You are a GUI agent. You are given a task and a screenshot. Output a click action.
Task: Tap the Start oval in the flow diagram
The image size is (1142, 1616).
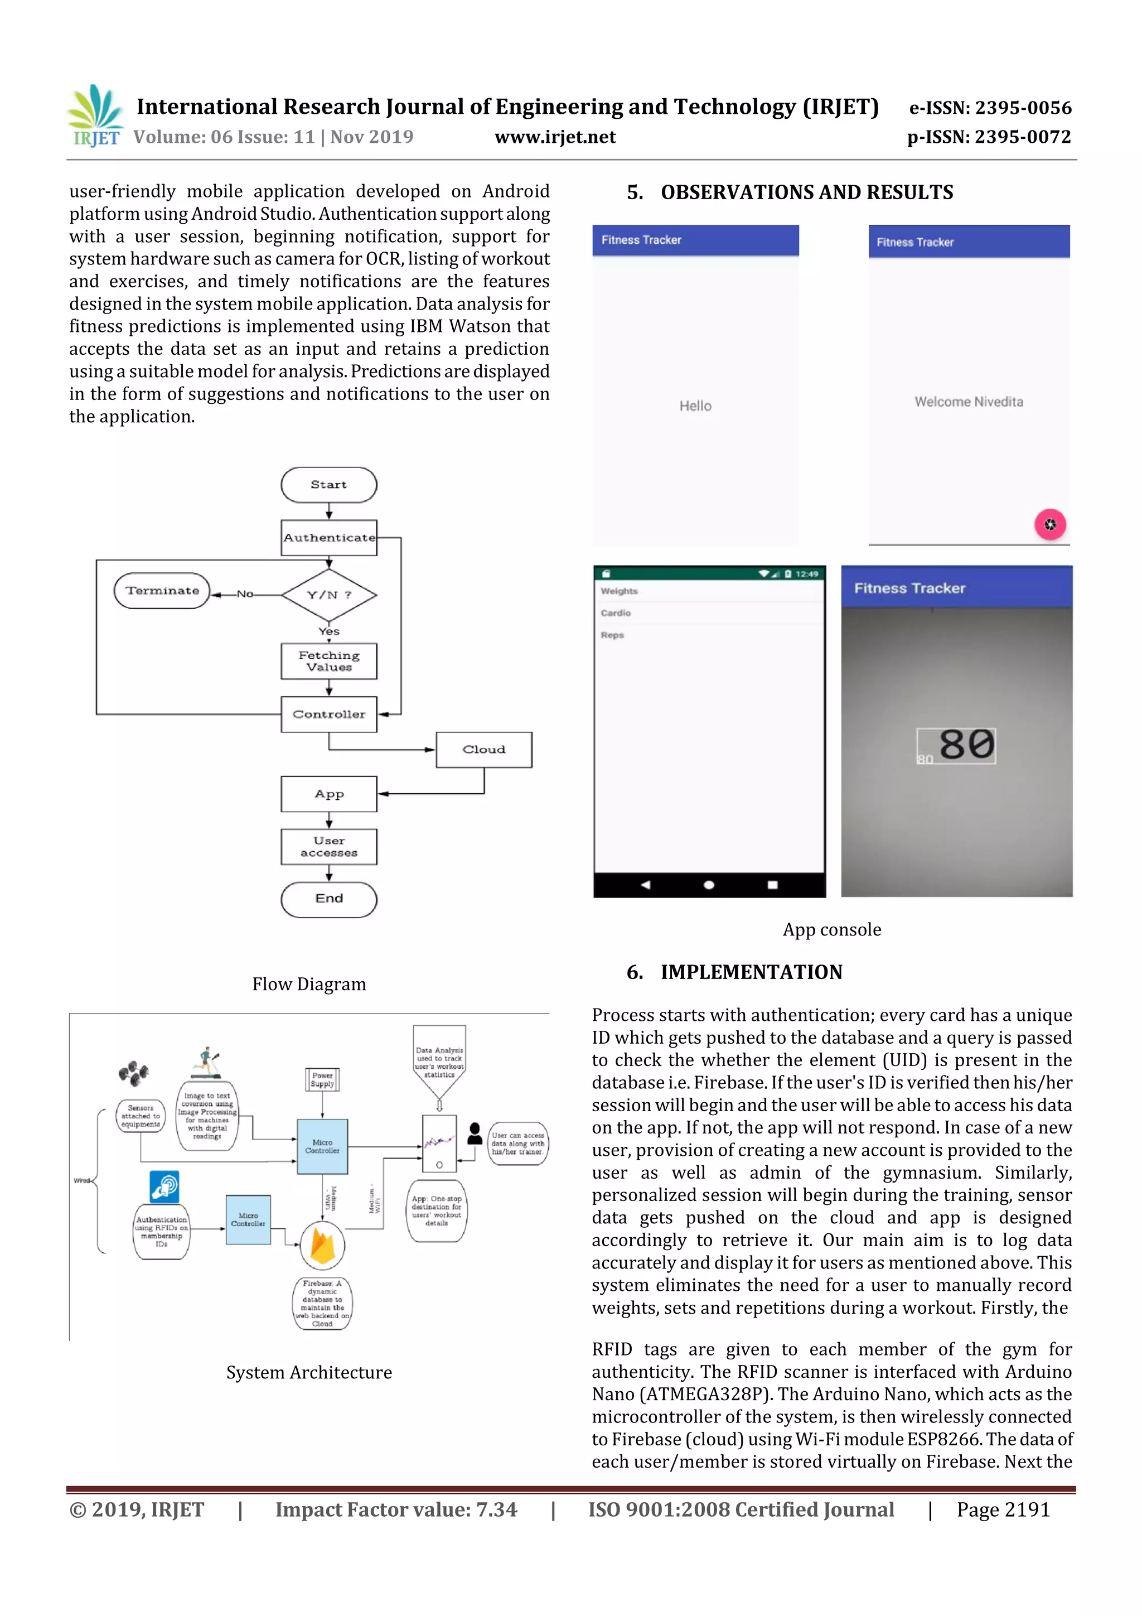click(x=328, y=485)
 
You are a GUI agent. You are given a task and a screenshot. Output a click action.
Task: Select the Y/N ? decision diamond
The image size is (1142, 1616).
click(x=328, y=595)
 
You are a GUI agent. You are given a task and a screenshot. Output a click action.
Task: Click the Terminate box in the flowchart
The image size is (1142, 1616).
click(x=162, y=591)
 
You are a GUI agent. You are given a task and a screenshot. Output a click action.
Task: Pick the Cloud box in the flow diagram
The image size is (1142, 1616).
click(x=483, y=750)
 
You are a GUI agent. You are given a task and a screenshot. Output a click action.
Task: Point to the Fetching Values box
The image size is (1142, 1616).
click(x=328, y=662)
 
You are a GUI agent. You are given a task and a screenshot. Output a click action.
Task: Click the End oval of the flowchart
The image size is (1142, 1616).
click(x=328, y=899)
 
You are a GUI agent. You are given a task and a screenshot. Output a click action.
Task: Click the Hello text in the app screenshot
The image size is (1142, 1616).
click(x=695, y=406)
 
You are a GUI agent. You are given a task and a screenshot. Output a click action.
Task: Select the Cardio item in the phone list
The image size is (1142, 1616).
click(x=616, y=613)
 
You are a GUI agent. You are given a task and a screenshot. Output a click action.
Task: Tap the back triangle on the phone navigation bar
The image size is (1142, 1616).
click(x=645, y=885)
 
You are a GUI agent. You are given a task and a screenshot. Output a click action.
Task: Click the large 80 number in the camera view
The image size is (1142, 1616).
click(x=966, y=745)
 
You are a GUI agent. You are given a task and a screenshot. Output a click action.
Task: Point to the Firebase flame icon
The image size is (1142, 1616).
click(x=322, y=1245)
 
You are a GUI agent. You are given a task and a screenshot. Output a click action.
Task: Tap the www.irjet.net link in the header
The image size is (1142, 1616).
click(x=555, y=137)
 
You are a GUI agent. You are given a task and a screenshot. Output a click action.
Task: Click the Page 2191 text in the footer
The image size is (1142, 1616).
click(x=1003, y=1509)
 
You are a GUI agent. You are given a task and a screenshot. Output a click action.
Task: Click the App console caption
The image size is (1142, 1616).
click(x=832, y=930)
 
